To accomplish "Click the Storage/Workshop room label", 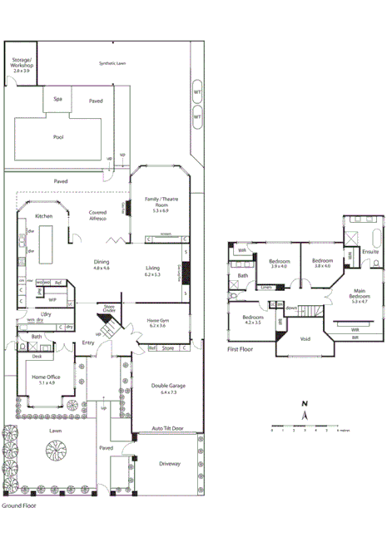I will pyautogui.click(x=20, y=66).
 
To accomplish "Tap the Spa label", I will pyautogui.click(x=57, y=99).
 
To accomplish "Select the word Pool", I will pyautogui.click(x=57, y=137).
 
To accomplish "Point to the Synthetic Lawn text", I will pyautogui.click(x=112, y=63).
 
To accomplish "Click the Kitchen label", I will pyautogui.click(x=44, y=215).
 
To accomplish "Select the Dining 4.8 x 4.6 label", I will pyautogui.click(x=102, y=264).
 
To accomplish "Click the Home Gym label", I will pyautogui.click(x=158, y=323).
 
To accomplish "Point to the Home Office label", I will pyautogui.click(x=44, y=379).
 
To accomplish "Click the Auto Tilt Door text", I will pyautogui.click(x=167, y=428).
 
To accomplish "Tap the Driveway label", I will pyautogui.click(x=169, y=463).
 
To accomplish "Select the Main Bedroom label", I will pyautogui.click(x=360, y=297).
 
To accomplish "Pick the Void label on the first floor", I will pyautogui.click(x=305, y=338).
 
